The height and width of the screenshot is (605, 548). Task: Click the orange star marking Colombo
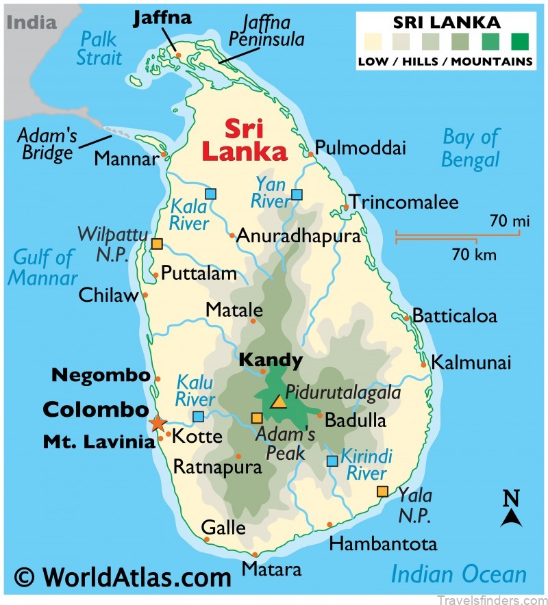click(158, 424)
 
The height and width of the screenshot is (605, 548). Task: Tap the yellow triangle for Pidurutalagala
click(278, 401)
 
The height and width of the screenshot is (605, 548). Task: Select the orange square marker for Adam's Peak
click(257, 418)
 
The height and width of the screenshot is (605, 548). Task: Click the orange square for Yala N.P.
click(382, 491)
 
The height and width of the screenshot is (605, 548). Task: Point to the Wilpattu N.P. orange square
click(158, 244)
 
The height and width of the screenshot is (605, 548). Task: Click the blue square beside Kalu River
click(198, 416)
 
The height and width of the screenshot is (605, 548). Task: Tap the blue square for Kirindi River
click(332, 461)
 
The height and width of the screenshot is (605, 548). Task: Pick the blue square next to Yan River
click(297, 194)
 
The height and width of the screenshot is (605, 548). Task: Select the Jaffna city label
click(162, 16)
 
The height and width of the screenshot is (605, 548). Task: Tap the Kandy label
click(271, 360)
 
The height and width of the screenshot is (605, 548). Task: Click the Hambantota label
click(383, 544)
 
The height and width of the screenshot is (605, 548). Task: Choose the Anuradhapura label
click(298, 237)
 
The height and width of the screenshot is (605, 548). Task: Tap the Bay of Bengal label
click(471, 148)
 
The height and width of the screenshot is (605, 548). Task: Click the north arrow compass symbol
click(511, 510)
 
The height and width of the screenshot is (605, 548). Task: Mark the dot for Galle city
click(207, 539)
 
